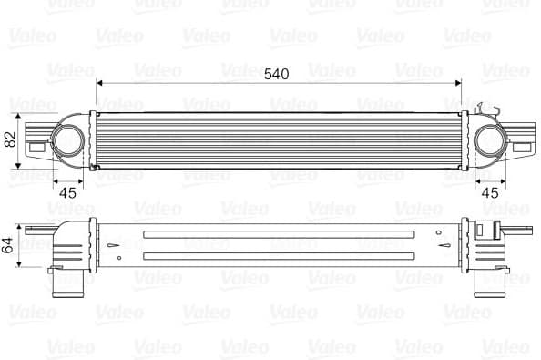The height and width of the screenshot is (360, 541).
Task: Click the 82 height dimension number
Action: (11, 139)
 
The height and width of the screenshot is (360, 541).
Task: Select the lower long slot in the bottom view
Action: (273, 255)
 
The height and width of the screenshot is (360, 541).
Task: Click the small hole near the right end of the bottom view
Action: (442, 245)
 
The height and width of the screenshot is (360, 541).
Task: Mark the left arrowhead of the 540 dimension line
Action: (99, 84)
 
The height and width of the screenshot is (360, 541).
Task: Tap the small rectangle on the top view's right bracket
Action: (523, 146)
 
